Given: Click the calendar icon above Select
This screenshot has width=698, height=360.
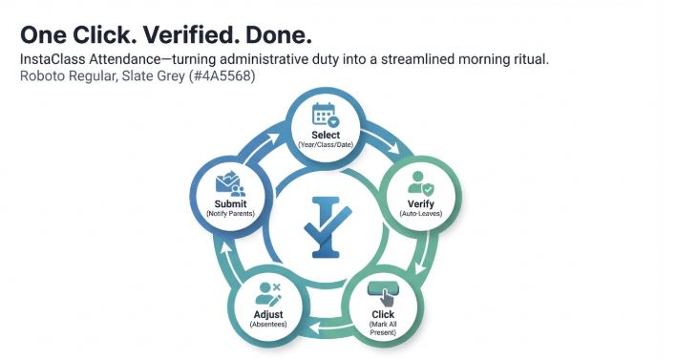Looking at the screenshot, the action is click(326, 115).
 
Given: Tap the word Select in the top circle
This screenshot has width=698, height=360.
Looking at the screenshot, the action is click(326, 135).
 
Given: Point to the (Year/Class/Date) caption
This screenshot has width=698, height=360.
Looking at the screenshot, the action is click(326, 144).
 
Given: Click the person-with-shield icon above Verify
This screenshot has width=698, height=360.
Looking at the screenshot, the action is click(421, 183).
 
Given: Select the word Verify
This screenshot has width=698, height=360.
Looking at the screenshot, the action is click(421, 204).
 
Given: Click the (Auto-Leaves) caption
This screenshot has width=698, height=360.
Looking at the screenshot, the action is click(421, 214).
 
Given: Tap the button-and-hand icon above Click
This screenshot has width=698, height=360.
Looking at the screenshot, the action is click(382, 294).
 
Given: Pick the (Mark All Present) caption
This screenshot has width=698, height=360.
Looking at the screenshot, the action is click(383, 328).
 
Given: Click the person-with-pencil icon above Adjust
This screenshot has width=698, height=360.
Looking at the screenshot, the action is click(268, 294).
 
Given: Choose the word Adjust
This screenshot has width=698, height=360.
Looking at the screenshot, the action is click(268, 314).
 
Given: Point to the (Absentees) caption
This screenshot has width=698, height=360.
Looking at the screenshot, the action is click(268, 325).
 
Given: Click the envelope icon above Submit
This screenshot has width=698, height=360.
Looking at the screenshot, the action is click(230, 184).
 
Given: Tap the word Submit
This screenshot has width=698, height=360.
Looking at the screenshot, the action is click(230, 203).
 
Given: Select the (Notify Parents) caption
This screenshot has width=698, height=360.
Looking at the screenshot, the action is click(230, 214).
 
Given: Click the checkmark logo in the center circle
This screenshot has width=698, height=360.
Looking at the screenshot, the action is click(328, 227).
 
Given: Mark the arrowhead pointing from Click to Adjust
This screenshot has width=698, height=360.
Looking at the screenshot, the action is click(315, 328).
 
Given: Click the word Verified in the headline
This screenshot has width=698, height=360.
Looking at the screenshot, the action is click(191, 35).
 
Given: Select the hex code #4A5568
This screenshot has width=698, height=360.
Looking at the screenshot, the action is click(222, 76).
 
